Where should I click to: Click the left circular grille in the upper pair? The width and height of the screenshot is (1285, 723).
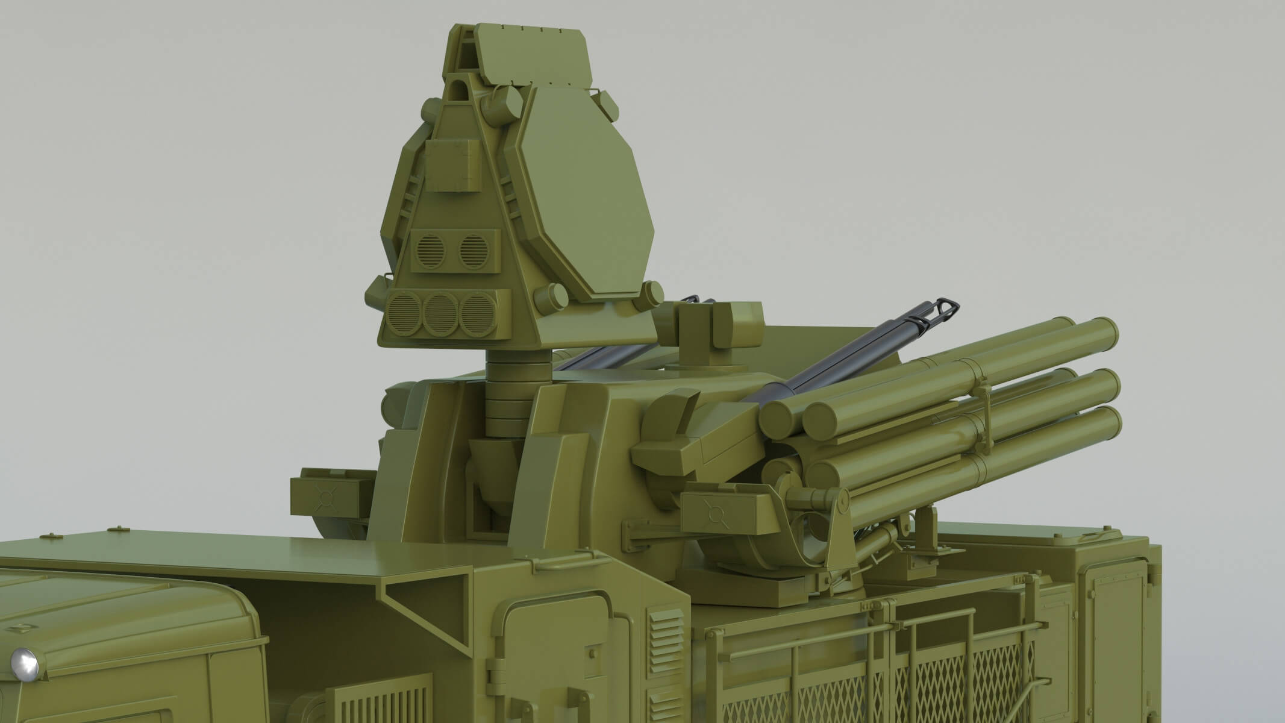click(x=430, y=248)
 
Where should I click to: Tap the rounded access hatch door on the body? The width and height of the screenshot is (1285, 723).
click(x=554, y=651)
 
